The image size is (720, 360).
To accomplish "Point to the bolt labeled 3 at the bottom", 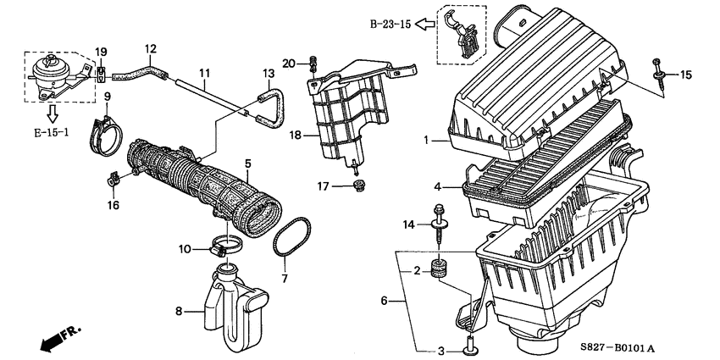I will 468,345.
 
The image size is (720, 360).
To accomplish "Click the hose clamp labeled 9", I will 106,130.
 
